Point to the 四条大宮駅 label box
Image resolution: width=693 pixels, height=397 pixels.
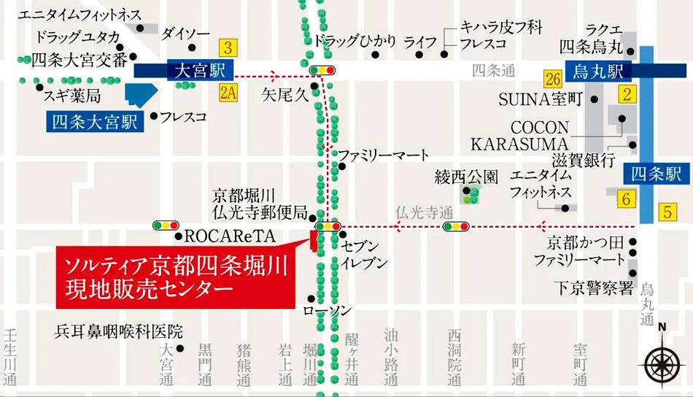95,121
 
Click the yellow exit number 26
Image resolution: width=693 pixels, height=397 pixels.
552,79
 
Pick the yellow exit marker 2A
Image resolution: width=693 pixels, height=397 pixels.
228,91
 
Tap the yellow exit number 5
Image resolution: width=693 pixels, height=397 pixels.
667,213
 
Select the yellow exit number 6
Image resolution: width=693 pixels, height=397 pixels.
625,197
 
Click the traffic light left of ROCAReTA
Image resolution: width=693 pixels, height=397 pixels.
166,226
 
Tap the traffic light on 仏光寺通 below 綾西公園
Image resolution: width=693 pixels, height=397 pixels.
456,227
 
